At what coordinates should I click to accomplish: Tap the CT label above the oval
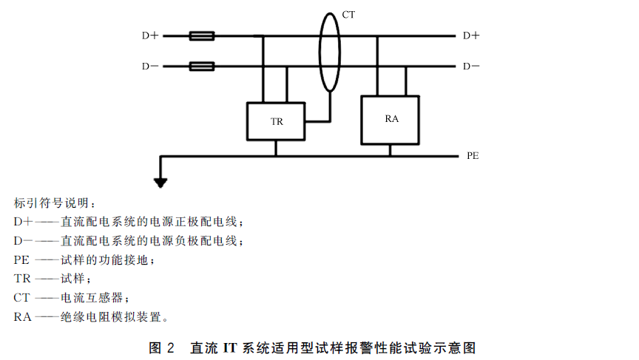[x=348, y=15]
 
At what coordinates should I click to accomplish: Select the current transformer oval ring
[x=320, y=52]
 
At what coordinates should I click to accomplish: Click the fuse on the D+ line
[x=202, y=35]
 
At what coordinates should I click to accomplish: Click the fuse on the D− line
[x=202, y=66]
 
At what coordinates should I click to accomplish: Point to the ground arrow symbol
[x=160, y=183]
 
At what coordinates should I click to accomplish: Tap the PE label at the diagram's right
[x=473, y=155]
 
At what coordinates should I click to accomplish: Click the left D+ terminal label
[x=150, y=35]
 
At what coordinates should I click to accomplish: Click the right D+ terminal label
[x=471, y=35]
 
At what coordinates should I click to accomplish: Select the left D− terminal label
[x=150, y=66]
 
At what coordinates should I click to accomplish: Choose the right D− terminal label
[x=471, y=66]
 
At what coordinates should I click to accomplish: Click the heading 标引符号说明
[x=51, y=203]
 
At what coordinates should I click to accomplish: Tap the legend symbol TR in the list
[x=22, y=279]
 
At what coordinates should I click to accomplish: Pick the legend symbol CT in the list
[x=21, y=298]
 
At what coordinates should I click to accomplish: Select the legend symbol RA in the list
[x=22, y=317]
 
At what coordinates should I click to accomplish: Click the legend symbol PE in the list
[x=21, y=259]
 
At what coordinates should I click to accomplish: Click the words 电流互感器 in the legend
[x=92, y=298]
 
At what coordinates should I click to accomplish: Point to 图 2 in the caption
[x=161, y=347]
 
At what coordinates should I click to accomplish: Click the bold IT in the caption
[x=230, y=347]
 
